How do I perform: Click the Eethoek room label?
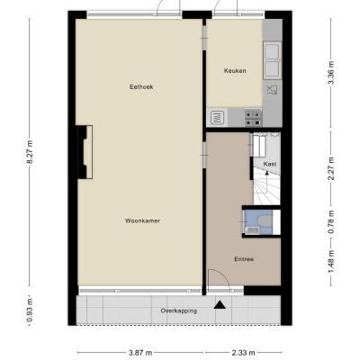pos(141,87)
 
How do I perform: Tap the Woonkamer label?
pos(142,221)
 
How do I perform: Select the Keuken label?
pos(235,71)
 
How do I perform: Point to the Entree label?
pos(244,259)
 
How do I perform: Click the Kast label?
pos(270,165)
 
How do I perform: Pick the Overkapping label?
pos(179,310)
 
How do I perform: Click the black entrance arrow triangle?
pos(220,305)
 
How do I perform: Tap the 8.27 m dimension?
pos(30,152)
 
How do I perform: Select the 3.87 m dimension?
pos(140,353)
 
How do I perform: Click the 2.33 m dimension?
pos(243,353)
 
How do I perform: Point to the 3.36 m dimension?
pos(331,73)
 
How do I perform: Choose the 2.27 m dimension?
pos(331,168)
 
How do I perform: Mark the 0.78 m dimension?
pos(331,222)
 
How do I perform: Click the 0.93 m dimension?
pos(30,310)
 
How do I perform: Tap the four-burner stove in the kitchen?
pos(254,118)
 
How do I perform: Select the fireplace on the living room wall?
pos(85,152)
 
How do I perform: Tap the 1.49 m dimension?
pos(331,262)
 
